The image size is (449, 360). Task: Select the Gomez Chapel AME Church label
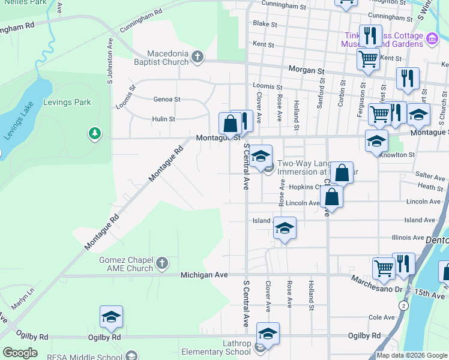point(127,263)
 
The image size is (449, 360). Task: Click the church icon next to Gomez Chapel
point(161,263)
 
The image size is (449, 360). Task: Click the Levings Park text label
point(67,102)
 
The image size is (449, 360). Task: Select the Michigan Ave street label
point(205,275)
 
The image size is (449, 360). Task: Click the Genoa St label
point(167,99)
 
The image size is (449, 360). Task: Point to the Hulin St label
point(163,119)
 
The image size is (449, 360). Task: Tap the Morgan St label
point(306,70)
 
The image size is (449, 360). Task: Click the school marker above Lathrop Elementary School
point(268,334)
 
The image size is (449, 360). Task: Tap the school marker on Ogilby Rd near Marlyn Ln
point(111,317)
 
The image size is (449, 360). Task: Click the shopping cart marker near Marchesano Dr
point(384,269)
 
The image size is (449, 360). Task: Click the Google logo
point(20,353)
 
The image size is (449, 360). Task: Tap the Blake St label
point(265,25)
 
